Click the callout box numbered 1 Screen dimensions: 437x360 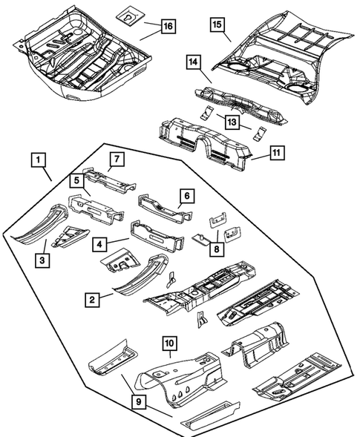point(38,160)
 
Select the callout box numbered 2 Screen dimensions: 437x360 point(91,299)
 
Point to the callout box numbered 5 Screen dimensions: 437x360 point(76,180)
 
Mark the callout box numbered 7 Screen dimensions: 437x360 point(116,159)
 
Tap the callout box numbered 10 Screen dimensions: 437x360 point(169,344)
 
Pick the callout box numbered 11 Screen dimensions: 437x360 point(276,154)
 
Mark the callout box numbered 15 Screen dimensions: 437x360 point(217,26)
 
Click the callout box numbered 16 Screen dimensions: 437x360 point(168,27)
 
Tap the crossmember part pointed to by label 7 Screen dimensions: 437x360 point(110,180)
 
